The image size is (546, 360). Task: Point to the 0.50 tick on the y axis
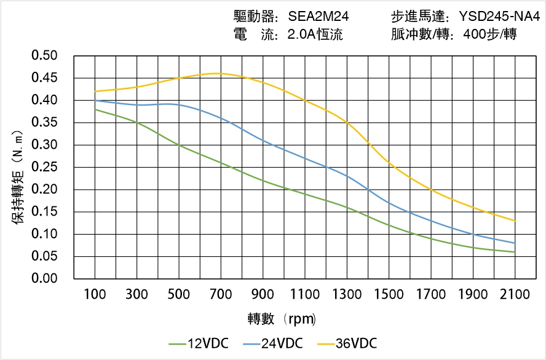(44, 56)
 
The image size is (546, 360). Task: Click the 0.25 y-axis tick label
(44, 167)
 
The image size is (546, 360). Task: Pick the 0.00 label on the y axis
(44, 278)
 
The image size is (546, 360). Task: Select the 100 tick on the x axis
(95, 294)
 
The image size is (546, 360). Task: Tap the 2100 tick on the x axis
(515, 294)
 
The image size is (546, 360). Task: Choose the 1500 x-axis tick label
(389, 294)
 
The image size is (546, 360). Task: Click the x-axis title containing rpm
(282, 319)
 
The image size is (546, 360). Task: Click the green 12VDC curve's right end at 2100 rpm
(515, 252)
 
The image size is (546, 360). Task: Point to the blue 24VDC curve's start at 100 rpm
(95, 100)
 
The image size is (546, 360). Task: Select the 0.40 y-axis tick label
(44, 100)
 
